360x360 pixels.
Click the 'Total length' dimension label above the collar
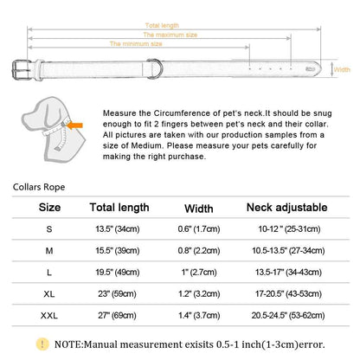[162, 25]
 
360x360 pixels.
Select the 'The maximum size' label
[170, 35]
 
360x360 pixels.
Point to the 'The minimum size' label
[136, 44]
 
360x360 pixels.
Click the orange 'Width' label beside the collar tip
[342, 69]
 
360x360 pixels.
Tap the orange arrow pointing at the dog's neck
[75, 125]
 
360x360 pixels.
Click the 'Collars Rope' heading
[39, 187]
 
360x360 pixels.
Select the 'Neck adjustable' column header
[286, 208]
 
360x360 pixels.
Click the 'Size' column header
[49, 208]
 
